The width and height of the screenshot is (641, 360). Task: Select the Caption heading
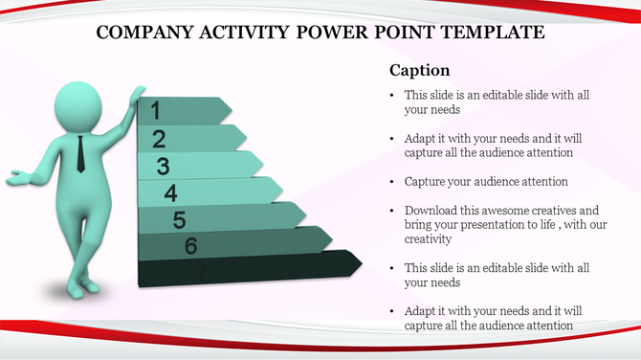419,71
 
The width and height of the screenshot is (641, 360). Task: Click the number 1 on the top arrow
155,111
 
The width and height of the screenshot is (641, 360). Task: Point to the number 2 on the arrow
159,138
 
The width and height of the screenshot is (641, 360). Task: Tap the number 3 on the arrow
164,167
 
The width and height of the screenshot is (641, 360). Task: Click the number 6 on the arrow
190,247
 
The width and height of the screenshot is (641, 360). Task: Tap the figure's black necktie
80,153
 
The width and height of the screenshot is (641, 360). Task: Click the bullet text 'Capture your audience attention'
486,181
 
